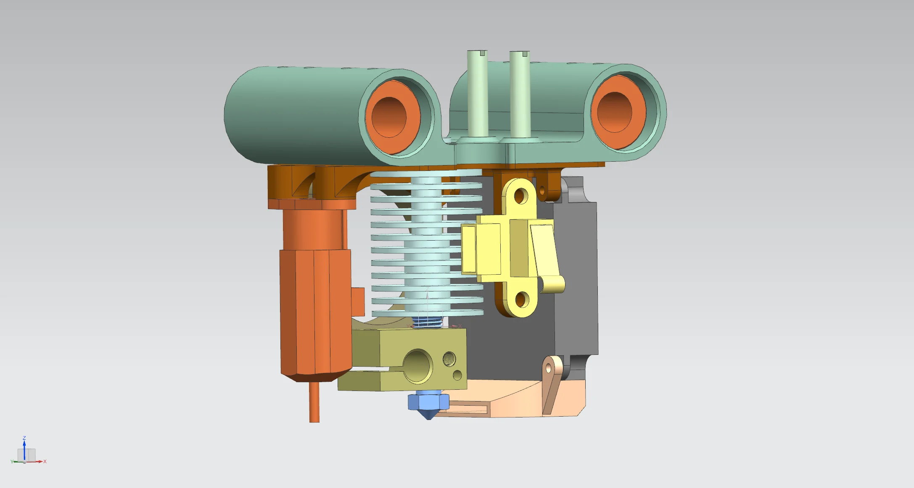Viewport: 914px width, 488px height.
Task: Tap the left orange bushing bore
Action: (x=389, y=117)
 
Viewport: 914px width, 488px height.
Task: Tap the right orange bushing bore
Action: (x=614, y=112)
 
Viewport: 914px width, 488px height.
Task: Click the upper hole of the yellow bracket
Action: (x=521, y=195)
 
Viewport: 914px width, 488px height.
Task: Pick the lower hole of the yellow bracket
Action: (x=521, y=299)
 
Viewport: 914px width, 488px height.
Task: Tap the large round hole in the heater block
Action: (x=417, y=365)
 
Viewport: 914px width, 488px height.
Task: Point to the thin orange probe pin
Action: (x=314, y=401)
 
